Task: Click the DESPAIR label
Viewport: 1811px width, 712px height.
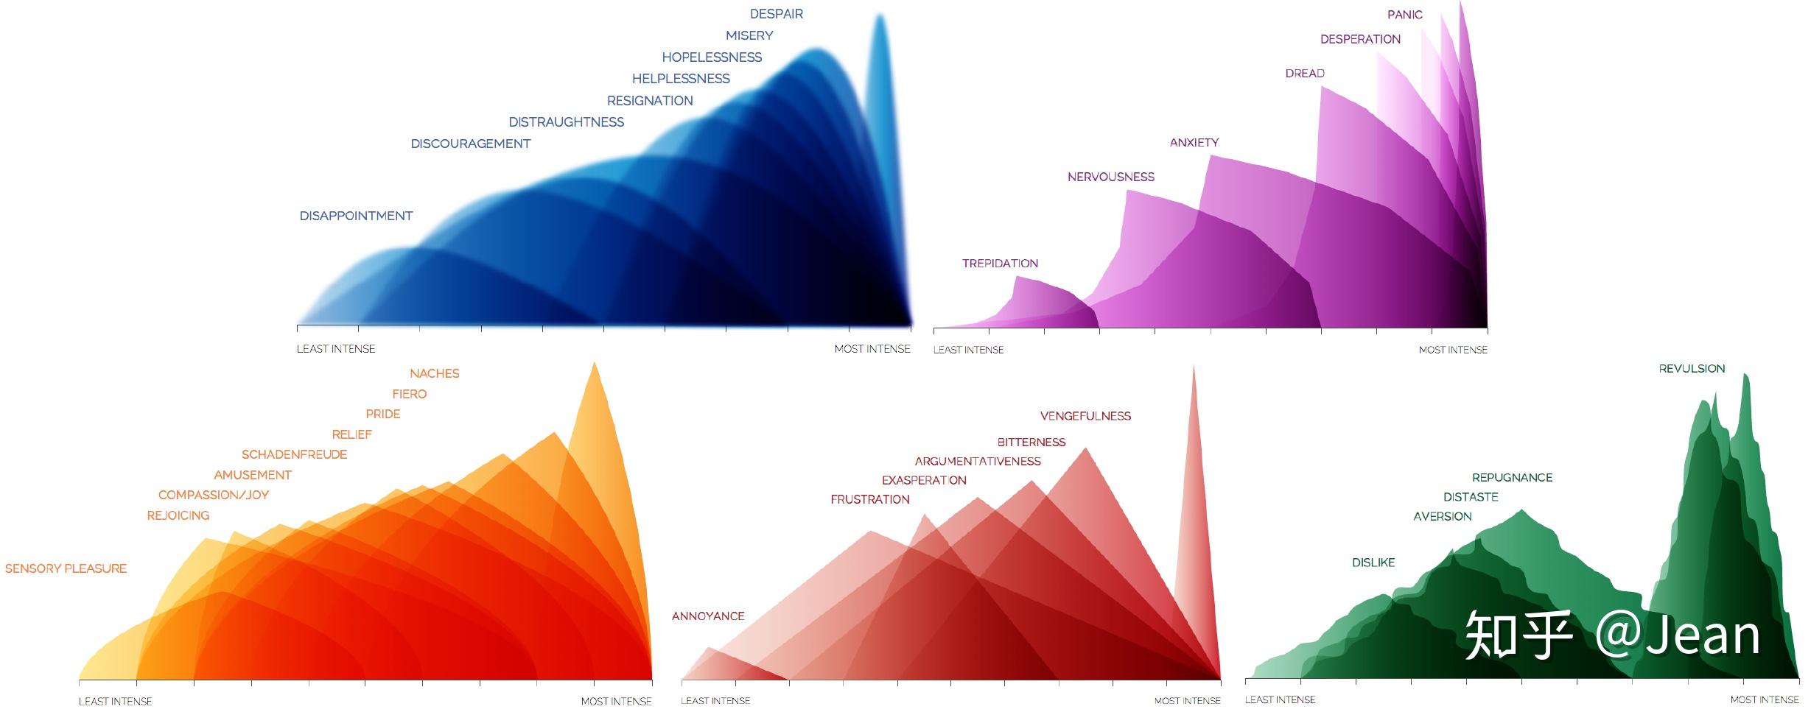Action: pyautogui.click(x=776, y=14)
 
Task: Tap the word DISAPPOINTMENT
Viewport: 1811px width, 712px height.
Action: pyautogui.click(x=356, y=216)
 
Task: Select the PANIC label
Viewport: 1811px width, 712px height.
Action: pyautogui.click(x=1404, y=15)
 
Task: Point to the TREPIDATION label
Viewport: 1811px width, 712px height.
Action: pyautogui.click(x=1000, y=264)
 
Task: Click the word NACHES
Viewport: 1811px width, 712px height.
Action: pyautogui.click(x=434, y=374)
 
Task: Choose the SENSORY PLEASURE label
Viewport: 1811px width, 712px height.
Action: pyautogui.click(x=66, y=568)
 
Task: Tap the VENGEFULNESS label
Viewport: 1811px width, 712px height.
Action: pyautogui.click(x=1085, y=416)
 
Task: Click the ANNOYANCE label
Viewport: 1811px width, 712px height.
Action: pyautogui.click(x=707, y=616)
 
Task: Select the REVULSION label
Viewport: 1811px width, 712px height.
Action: pyautogui.click(x=1692, y=369)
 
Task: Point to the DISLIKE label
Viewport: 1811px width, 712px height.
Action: pyautogui.click(x=1373, y=563)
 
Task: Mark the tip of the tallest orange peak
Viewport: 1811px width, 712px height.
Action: pyautogui.click(x=595, y=364)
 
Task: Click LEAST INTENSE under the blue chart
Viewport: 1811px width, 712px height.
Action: pyautogui.click(x=335, y=349)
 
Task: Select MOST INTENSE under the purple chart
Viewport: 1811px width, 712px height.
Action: pyautogui.click(x=1452, y=350)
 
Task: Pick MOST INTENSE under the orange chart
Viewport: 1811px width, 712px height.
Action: pyautogui.click(x=616, y=701)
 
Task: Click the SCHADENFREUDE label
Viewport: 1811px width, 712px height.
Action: pyautogui.click(x=294, y=455)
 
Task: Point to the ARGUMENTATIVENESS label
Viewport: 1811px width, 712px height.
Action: pyautogui.click(x=977, y=462)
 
